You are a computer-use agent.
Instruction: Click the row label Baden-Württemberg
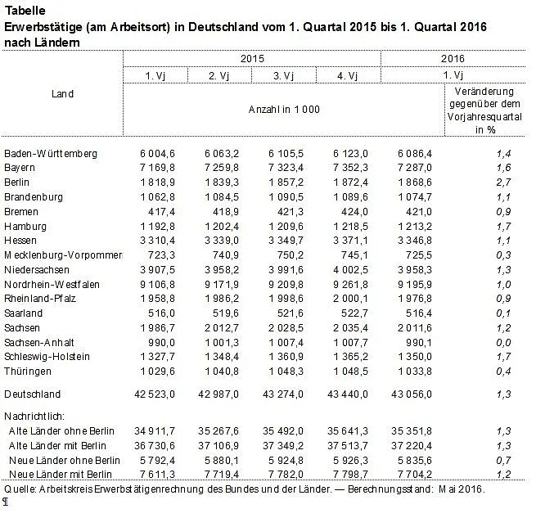(50, 153)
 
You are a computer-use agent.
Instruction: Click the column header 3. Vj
(284, 76)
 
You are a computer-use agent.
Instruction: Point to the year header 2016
(453, 59)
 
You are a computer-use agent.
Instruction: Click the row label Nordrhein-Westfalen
(52, 284)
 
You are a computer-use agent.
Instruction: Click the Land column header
(62, 93)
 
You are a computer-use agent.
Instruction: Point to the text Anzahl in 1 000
(283, 109)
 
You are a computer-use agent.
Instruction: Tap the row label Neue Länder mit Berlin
(60, 474)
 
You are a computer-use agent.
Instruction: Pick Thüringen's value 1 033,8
(416, 372)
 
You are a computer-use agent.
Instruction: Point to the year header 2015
(251, 59)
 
